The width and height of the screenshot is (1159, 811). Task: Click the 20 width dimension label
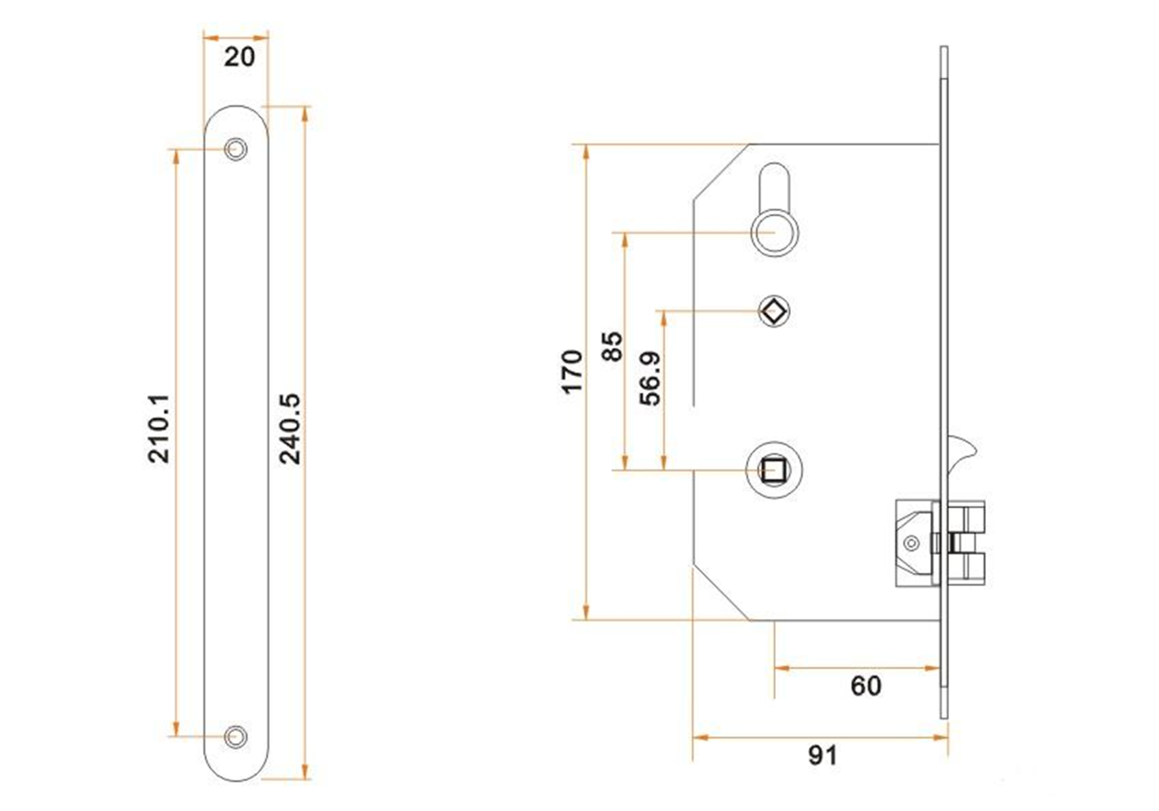tap(239, 57)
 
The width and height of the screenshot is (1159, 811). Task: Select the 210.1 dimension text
tap(159, 428)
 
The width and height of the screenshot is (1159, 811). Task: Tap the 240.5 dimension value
tap(290, 428)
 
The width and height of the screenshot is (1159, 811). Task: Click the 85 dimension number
tap(612, 346)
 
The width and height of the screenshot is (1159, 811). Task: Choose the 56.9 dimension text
tap(650, 378)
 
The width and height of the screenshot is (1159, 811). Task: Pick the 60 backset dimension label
tap(866, 686)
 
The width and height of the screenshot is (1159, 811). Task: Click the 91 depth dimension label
tap(823, 755)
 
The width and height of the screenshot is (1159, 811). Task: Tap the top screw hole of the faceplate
tap(235, 148)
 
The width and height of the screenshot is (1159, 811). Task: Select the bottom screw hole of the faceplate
tap(235, 737)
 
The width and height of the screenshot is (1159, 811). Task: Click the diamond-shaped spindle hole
tap(774, 311)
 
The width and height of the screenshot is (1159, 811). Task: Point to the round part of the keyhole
tap(774, 232)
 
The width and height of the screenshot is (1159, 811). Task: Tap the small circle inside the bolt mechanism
tap(912, 543)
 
